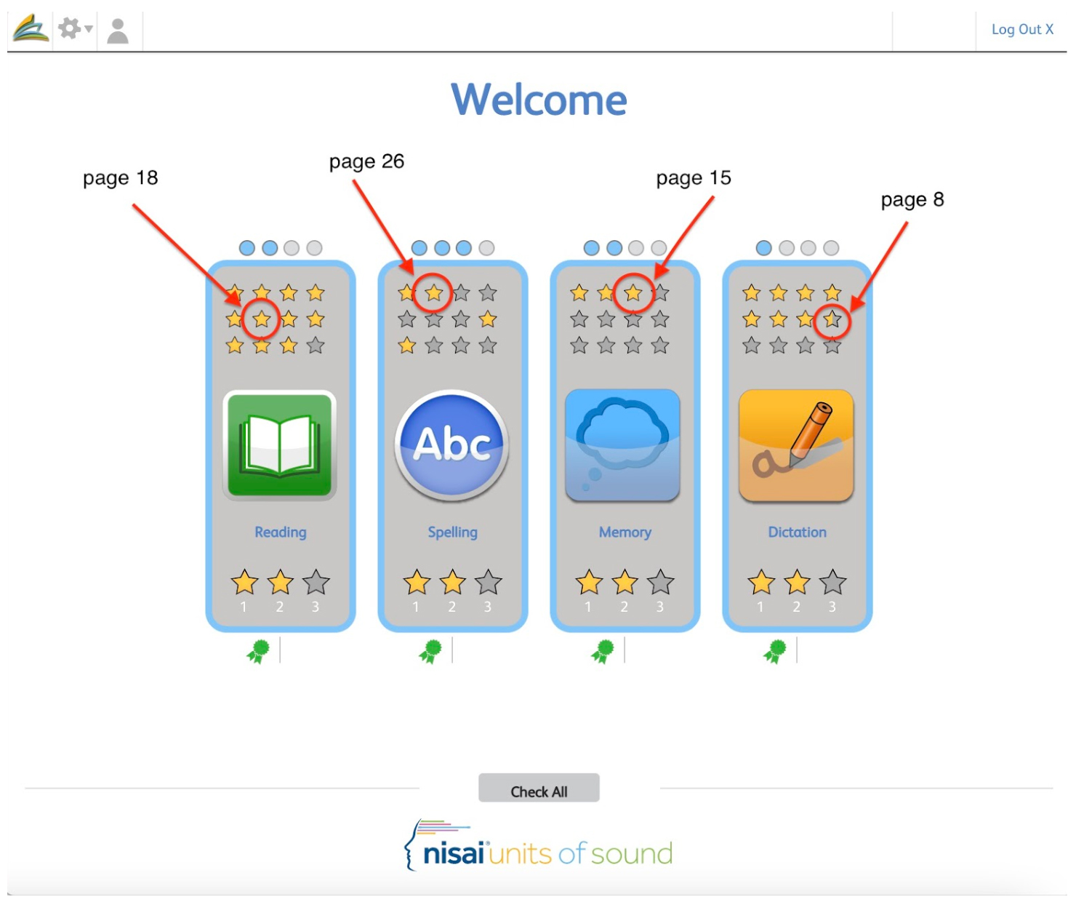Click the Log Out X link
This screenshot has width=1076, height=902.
[x=1022, y=29]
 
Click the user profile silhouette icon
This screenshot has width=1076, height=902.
[x=118, y=31]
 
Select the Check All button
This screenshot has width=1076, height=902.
[x=539, y=787]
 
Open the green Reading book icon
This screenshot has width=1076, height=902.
[x=279, y=445]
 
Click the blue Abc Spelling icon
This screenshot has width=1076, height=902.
[x=451, y=445]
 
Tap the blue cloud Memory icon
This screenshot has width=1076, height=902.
[x=622, y=445]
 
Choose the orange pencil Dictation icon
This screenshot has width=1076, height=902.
[x=795, y=445]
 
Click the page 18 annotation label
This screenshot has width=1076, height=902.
[x=120, y=178]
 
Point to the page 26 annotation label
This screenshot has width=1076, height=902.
[x=366, y=161]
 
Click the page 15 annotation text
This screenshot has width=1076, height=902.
[x=693, y=178]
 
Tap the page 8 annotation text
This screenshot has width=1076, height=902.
[x=912, y=199]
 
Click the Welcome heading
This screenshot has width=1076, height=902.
[x=539, y=99]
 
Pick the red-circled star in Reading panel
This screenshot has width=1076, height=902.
[x=261, y=319]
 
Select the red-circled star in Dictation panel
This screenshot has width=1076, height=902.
[x=832, y=319]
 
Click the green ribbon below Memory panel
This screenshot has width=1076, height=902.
[x=603, y=651]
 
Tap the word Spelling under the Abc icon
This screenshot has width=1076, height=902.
[x=452, y=532]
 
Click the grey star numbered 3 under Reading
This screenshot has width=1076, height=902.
[x=316, y=582]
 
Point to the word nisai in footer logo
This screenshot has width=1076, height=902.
[x=453, y=853]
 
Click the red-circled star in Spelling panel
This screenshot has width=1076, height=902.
[x=433, y=292]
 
